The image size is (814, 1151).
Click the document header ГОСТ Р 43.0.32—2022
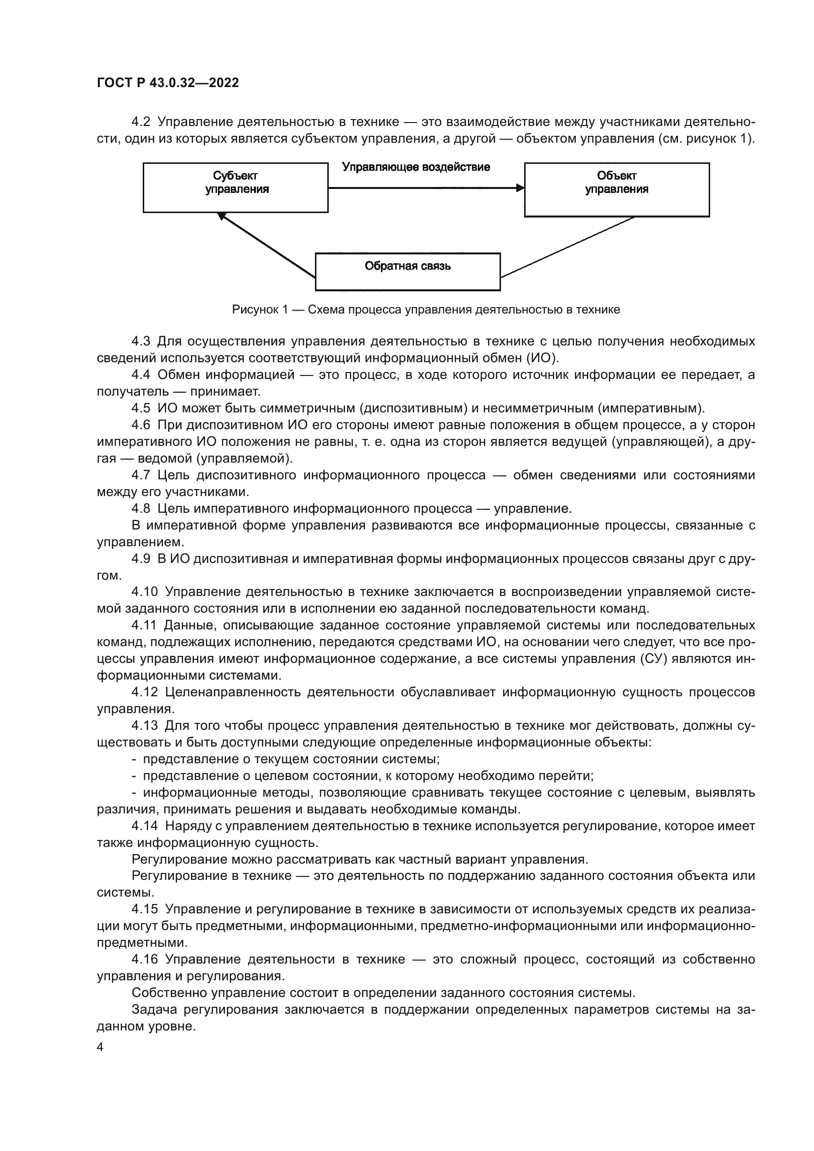coord(168,83)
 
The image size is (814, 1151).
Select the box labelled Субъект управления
coord(236,187)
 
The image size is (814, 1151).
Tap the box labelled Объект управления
coord(617,189)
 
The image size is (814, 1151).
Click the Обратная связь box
coord(407,271)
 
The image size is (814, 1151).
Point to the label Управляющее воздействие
coord(416,167)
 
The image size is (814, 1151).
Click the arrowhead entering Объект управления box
coord(520,188)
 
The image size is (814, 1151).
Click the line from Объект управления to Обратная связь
coord(566,247)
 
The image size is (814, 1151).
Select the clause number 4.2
coord(141,122)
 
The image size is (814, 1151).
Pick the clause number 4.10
coord(144,592)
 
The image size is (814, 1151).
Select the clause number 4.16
coord(144,960)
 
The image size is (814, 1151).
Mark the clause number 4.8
coord(141,508)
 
